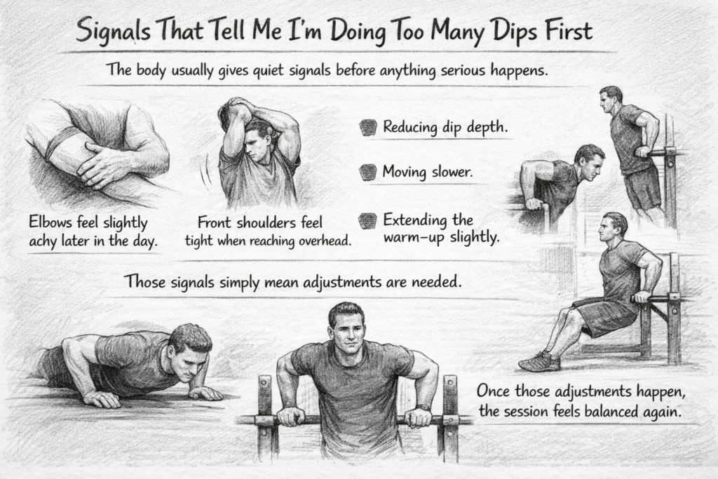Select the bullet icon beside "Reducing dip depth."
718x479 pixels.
pos(367,127)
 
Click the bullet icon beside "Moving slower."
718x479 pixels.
pos(367,172)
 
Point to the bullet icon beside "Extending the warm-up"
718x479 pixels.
pos(367,221)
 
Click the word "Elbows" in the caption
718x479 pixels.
pos(53,223)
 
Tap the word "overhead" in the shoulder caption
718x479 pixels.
pos(319,241)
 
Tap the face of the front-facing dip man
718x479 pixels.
pos(346,334)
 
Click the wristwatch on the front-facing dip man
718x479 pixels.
pos(423,407)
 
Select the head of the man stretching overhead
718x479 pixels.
pos(258,137)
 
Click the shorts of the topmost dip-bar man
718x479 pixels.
pos(642,187)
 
